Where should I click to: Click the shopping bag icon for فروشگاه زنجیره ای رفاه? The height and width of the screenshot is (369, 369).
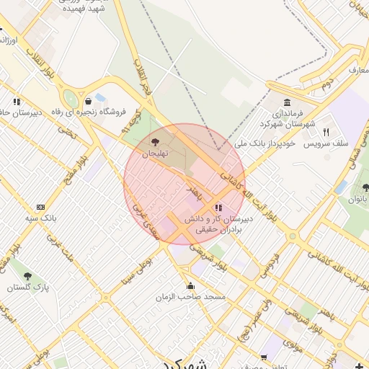click(88, 101)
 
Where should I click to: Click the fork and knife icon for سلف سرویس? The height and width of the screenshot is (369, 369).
click(326, 132)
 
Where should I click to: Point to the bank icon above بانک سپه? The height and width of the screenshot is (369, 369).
click(40, 206)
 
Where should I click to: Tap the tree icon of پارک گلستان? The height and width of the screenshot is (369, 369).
click(27, 276)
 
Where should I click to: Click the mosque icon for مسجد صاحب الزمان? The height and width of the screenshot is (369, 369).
click(190, 285)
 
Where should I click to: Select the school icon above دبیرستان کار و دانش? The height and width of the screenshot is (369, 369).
click(218, 208)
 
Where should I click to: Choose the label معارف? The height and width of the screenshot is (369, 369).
click(358, 70)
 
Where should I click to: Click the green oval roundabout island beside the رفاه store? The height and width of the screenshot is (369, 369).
click(70, 99)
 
